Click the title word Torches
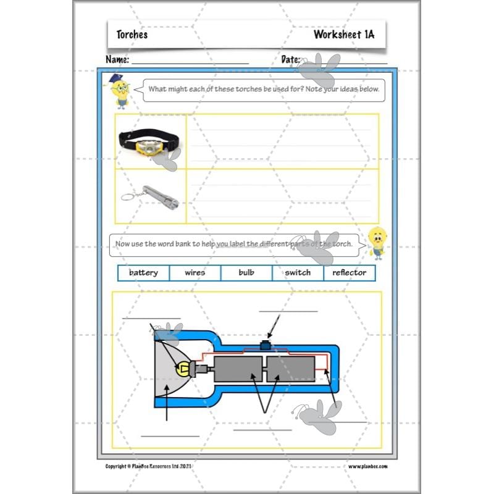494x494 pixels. click(x=132, y=35)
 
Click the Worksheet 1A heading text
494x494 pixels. click(x=343, y=35)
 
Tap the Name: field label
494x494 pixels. click(x=117, y=60)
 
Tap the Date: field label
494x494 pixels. click(x=290, y=60)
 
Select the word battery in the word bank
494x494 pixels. click(x=143, y=272)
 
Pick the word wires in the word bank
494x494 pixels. click(x=195, y=272)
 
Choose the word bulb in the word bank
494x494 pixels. click(x=246, y=272)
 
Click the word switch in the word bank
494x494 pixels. click(x=298, y=272)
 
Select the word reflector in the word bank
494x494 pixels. click(x=350, y=272)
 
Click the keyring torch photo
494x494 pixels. click(x=154, y=196)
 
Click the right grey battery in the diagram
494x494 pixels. click(x=290, y=369)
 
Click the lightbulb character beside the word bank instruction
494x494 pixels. click(x=376, y=241)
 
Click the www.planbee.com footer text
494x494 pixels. click(x=367, y=466)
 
